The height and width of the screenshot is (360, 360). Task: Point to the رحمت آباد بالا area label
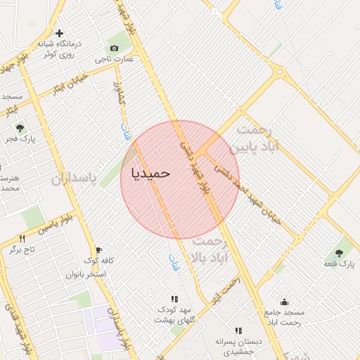coord(209,249)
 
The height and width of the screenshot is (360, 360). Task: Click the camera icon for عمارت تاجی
coord(114,48)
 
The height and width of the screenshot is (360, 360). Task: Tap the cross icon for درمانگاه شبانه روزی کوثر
coord(60,33)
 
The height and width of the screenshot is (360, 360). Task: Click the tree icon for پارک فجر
coord(20,128)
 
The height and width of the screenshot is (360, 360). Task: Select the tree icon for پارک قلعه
coord(340,252)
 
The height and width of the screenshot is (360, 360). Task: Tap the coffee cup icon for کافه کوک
coord(98,250)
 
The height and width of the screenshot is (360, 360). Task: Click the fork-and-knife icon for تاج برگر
coord(21,239)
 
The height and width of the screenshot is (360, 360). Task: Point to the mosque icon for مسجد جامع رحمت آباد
coord(284,302)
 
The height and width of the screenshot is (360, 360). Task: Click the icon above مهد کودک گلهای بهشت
coord(174,299)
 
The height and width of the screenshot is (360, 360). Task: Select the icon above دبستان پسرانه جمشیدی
coord(238,330)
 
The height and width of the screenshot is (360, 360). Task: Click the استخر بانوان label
coord(85,274)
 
